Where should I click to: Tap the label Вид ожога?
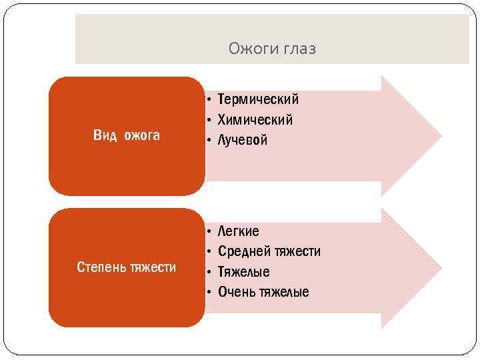tap(127, 136)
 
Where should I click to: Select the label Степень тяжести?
tap(127, 267)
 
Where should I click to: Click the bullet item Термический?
tap(258, 99)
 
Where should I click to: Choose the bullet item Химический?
tap(255, 120)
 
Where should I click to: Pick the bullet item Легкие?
tap(239, 231)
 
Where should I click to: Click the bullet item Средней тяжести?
tap(269, 251)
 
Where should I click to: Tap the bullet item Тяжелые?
tap(244, 272)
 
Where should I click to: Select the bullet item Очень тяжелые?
tap(263, 292)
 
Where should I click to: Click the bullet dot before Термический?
tap(209, 100)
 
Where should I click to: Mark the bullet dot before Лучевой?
tap(209, 141)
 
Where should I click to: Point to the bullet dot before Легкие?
tap(209, 231)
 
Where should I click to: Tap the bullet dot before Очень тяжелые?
tap(209, 293)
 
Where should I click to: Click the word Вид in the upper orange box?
tap(105, 136)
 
